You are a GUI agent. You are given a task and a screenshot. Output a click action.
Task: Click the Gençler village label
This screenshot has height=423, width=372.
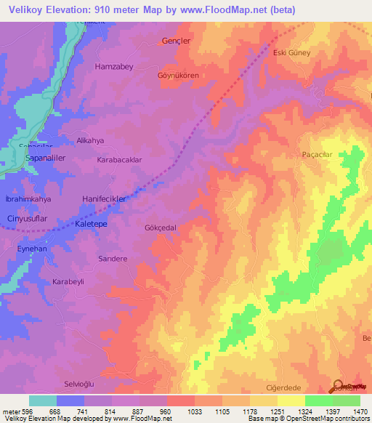point(176,41)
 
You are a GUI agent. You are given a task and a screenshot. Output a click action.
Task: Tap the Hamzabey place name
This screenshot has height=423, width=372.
point(115,66)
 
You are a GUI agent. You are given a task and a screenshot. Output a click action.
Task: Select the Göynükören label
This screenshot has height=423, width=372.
point(178,75)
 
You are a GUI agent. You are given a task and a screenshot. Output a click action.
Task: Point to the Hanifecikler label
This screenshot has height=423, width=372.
point(104,198)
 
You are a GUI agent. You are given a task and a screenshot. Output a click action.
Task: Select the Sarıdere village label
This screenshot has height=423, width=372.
point(113,258)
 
